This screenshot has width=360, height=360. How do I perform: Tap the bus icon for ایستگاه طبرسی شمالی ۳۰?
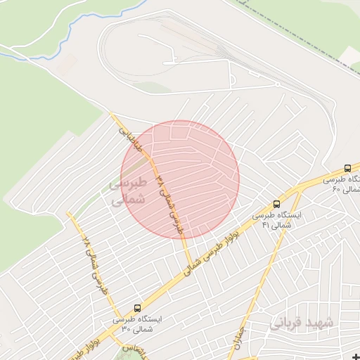pos(137,308)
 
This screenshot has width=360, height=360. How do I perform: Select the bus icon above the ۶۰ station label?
pos(347,169)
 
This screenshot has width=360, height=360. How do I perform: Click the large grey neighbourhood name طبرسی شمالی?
pos(129,191)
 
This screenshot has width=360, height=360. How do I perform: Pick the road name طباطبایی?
pos(131,136)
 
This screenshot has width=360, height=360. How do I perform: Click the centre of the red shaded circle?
pos(180,179)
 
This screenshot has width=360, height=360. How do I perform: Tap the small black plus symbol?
pos(354,355)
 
